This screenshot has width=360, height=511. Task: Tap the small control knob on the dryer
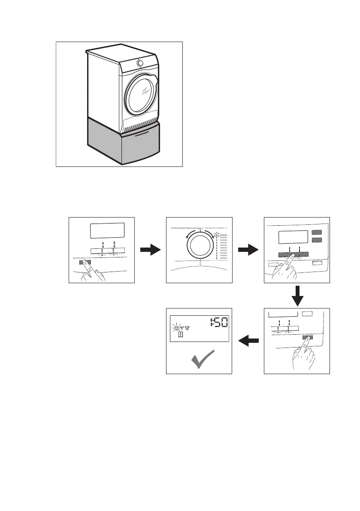140,63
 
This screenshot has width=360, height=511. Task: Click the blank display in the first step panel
107,231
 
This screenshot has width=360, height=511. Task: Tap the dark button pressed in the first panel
83,261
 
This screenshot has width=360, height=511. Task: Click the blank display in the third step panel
293,237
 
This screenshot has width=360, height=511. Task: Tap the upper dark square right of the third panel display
317,233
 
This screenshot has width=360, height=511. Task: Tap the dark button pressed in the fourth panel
307,337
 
